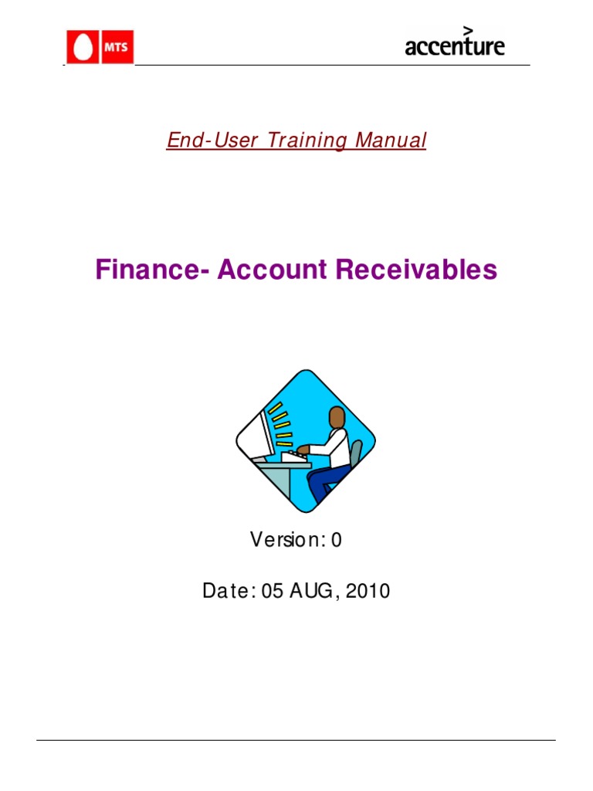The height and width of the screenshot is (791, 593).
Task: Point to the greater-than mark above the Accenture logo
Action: point(467,29)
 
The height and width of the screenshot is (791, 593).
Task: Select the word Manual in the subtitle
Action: point(391,141)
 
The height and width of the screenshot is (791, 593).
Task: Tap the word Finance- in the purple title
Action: point(152,270)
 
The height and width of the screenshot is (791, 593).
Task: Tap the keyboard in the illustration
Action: point(293,457)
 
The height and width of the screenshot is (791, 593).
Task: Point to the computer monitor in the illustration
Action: point(262,434)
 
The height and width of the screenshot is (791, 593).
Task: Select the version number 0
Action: point(336,540)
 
